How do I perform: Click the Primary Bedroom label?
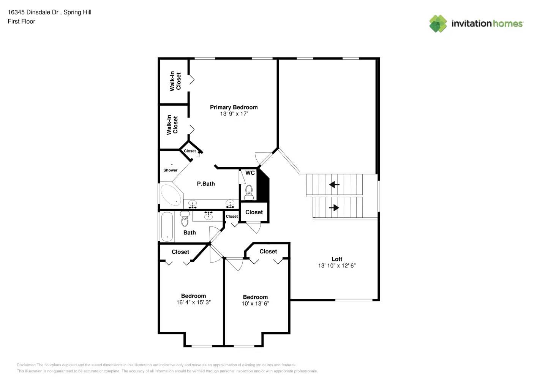234,108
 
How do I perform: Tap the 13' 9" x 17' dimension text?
234,114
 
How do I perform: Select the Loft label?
337,259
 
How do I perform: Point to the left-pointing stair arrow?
334,185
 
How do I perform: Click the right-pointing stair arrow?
334,208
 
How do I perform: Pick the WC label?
250,173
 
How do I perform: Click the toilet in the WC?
249,192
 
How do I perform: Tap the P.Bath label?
206,184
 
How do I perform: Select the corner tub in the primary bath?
171,194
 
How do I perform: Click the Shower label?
171,170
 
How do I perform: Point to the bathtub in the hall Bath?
167,227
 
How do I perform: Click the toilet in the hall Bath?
185,220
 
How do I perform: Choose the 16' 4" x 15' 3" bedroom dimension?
193,302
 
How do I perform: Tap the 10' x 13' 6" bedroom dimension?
255,304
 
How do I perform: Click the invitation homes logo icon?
438,24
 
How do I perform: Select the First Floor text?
21,22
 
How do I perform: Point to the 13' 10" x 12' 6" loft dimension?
337,266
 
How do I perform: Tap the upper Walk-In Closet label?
175,81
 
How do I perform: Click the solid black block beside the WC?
263,186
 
